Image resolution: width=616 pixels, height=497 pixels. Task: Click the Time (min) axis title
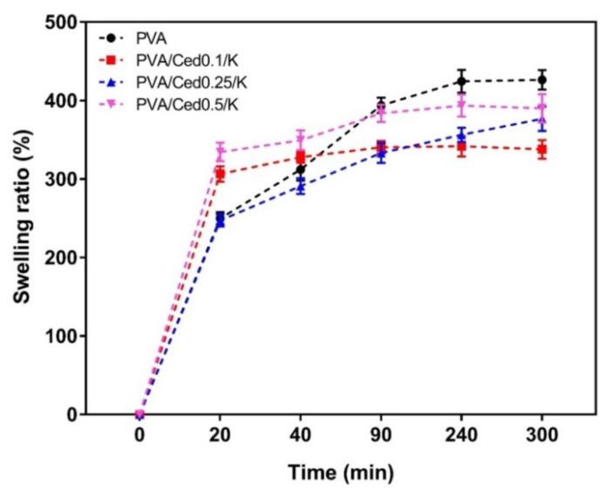(342, 473)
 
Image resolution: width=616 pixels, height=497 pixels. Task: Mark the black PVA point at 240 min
(462, 81)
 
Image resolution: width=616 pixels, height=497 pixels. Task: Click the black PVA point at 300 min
(542, 80)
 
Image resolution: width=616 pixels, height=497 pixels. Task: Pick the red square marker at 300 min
(542, 149)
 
